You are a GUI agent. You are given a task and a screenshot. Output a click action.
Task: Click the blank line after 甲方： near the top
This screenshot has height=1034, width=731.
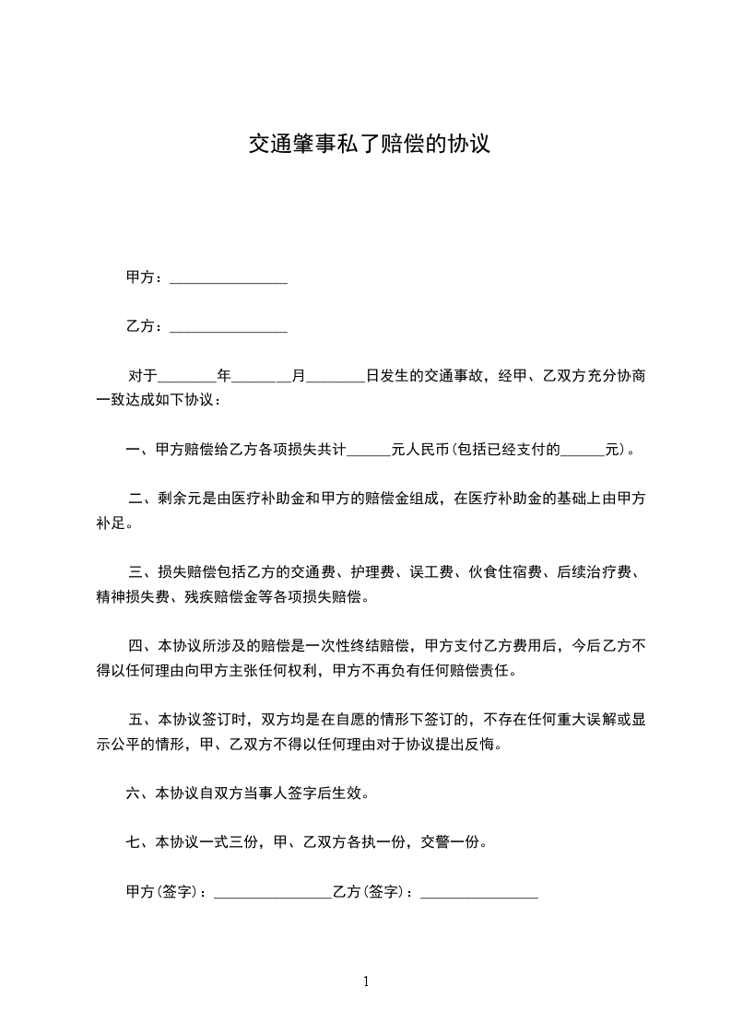click(x=229, y=278)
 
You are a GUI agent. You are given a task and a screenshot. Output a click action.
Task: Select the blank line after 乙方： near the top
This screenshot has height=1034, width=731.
click(x=229, y=327)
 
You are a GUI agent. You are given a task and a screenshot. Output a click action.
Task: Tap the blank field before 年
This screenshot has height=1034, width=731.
click(x=187, y=377)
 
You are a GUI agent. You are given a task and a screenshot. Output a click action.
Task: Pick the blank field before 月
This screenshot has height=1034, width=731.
click(x=261, y=377)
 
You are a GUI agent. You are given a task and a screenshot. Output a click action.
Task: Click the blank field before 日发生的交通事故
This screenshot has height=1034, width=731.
click(x=335, y=377)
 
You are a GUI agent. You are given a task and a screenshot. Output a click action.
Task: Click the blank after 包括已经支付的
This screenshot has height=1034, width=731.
click(x=583, y=451)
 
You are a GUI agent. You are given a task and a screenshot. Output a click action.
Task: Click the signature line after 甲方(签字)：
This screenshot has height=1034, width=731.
click(x=272, y=893)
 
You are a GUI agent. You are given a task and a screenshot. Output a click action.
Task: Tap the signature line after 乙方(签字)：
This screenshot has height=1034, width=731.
click(x=478, y=893)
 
